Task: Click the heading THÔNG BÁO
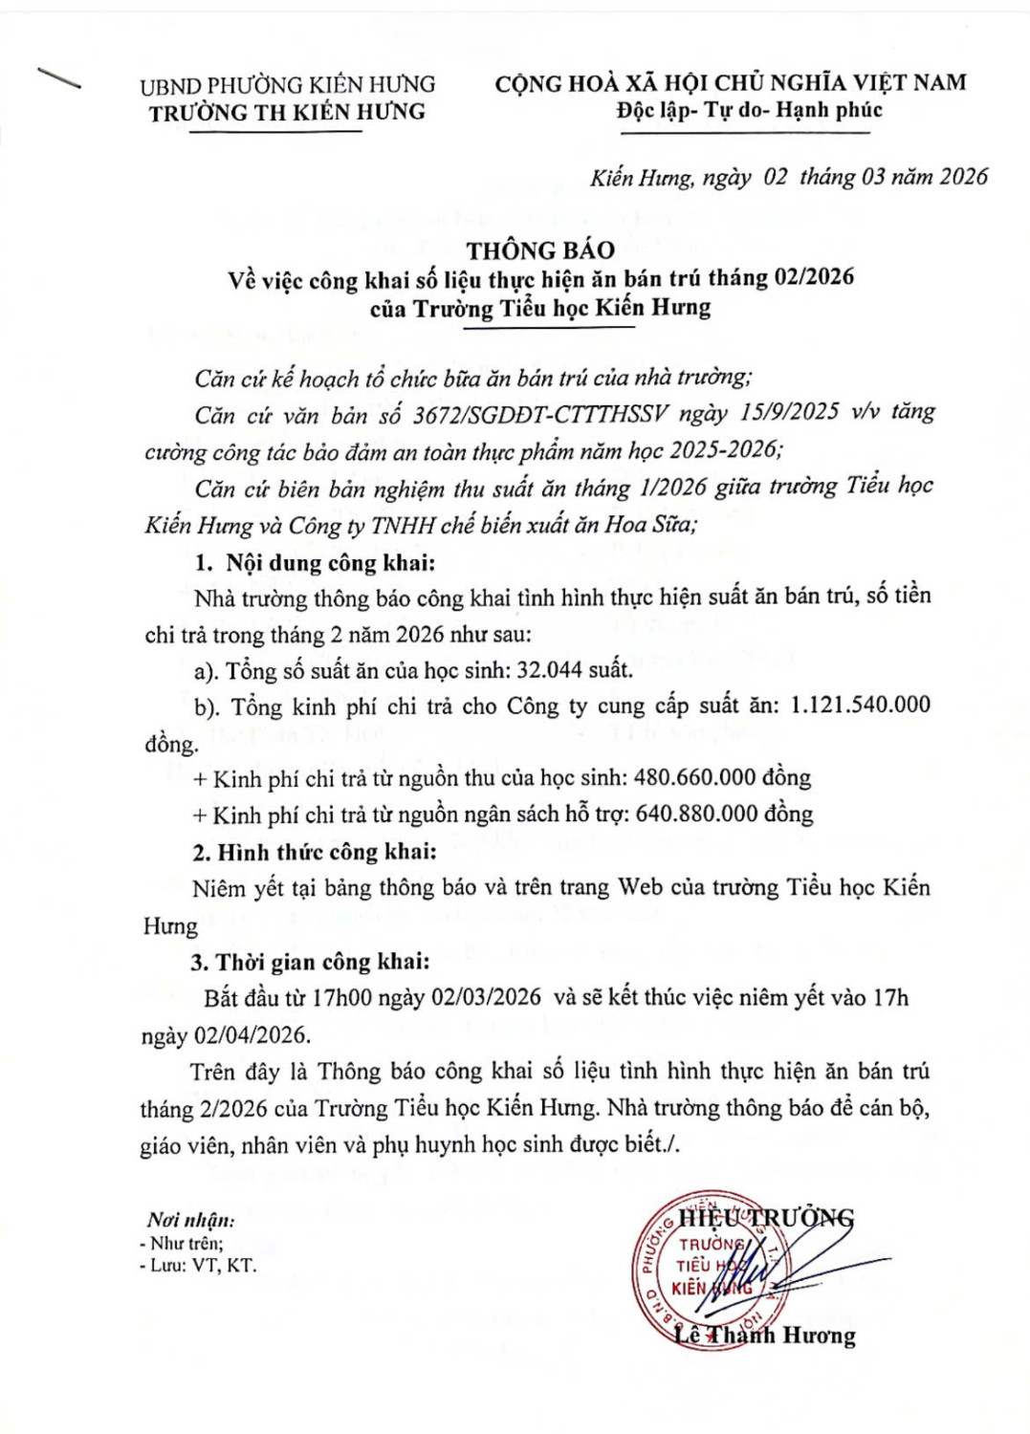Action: [x=540, y=250]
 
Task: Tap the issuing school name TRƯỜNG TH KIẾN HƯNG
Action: [x=287, y=112]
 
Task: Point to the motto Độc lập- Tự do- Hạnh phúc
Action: [x=749, y=110]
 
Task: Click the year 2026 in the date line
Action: [x=963, y=176]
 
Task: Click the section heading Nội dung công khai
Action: [x=330, y=562]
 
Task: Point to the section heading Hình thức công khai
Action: [x=326, y=851]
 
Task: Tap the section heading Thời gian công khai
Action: [x=322, y=961]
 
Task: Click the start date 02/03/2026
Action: [x=486, y=997]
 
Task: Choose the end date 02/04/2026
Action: [x=252, y=1034]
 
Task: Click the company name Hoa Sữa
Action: [x=649, y=524]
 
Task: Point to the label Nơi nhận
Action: [x=190, y=1219]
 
